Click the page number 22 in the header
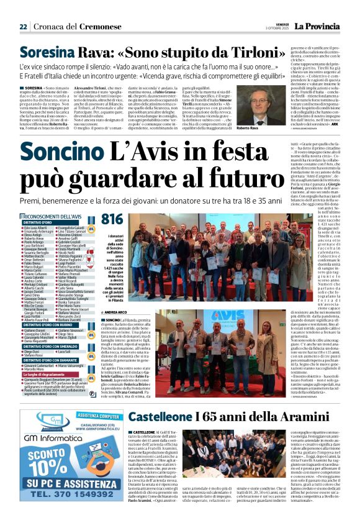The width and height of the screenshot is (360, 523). (x=23, y=27)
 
